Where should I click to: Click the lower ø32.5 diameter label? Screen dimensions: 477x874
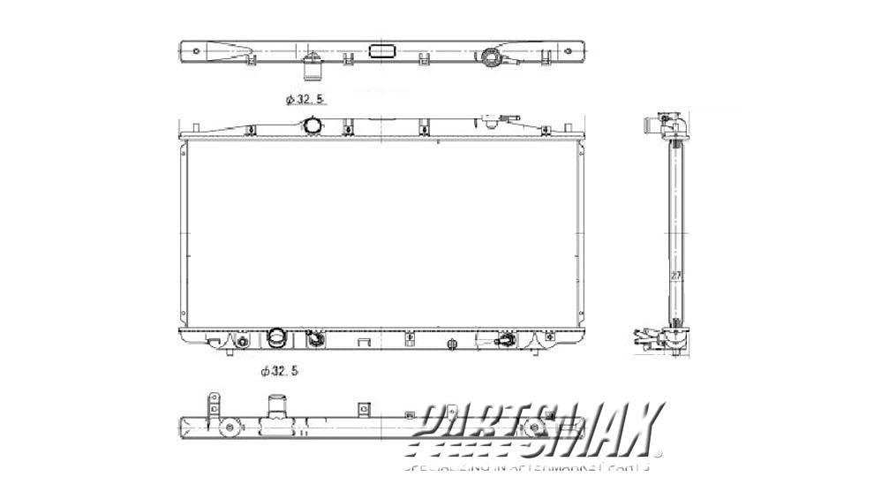[x=280, y=372]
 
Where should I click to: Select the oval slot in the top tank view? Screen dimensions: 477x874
[x=382, y=51]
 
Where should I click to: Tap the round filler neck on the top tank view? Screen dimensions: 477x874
[x=490, y=58]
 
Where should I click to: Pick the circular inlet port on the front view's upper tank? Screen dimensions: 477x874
[x=312, y=127]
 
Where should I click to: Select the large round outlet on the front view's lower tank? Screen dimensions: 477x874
[x=276, y=339]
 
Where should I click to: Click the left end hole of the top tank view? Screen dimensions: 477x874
[x=189, y=51]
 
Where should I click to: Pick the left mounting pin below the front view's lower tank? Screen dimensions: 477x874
[x=230, y=352]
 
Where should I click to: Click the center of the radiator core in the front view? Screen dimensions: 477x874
[x=381, y=234]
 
